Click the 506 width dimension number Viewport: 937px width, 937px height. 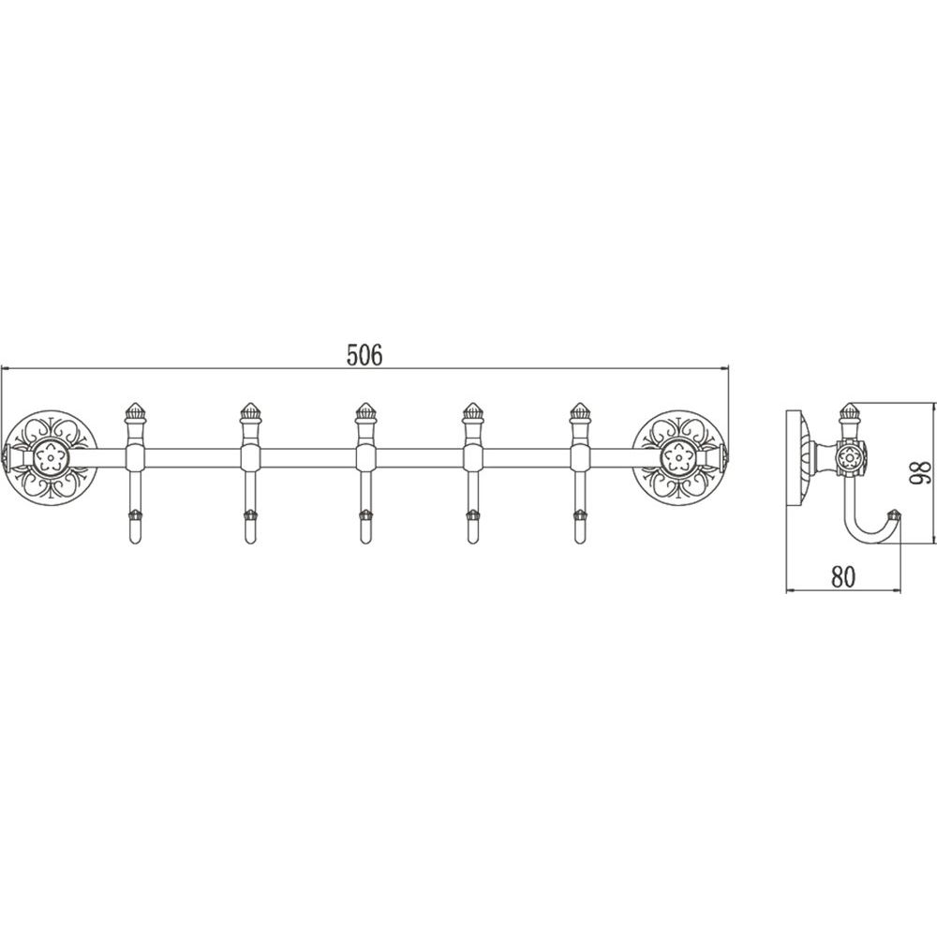[364, 355]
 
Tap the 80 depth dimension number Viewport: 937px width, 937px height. [843, 576]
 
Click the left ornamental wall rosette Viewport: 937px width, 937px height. [51, 455]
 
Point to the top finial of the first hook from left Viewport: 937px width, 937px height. [134, 413]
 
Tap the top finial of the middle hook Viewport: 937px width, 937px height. [364, 413]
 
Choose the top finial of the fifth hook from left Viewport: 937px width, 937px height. [579, 413]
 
